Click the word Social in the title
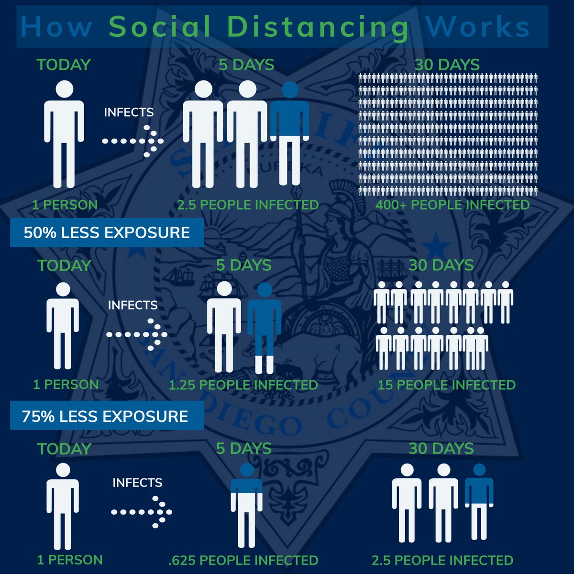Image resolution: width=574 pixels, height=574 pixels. [160, 27]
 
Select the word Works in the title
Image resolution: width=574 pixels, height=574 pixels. [478, 27]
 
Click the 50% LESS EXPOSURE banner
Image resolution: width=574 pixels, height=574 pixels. [107, 233]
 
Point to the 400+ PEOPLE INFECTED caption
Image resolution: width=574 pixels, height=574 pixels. [452, 205]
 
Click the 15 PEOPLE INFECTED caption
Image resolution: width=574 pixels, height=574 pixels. [446, 385]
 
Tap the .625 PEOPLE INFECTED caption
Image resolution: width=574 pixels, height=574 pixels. [243, 560]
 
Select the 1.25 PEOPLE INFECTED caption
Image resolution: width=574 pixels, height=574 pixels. [243, 385]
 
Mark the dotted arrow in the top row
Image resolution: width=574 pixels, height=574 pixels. [133, 141]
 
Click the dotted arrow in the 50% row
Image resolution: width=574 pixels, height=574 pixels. [137, 334]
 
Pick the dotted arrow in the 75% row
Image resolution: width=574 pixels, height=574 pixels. [142, 512]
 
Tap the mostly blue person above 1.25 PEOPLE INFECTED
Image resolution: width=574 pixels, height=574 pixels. [264, 328]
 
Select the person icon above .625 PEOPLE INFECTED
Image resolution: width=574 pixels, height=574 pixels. [246, 505]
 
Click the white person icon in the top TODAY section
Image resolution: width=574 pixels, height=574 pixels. [64, 134]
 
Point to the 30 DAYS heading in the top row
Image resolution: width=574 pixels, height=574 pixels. [447, 65]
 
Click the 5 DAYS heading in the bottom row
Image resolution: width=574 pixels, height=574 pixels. [243, 449]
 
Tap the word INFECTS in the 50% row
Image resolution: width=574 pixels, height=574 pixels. [132, 305]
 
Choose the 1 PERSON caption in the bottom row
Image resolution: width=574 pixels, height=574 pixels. [70, 560]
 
